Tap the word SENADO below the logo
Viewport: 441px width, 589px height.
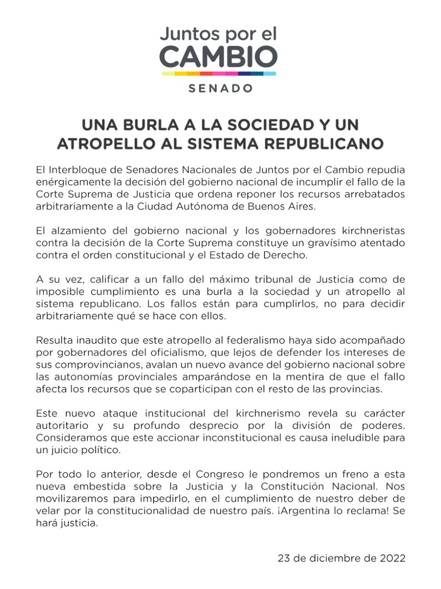220,88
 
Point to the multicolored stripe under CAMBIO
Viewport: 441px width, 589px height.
219,74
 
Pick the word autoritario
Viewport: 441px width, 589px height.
62,425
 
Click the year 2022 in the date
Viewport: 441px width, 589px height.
392,558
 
